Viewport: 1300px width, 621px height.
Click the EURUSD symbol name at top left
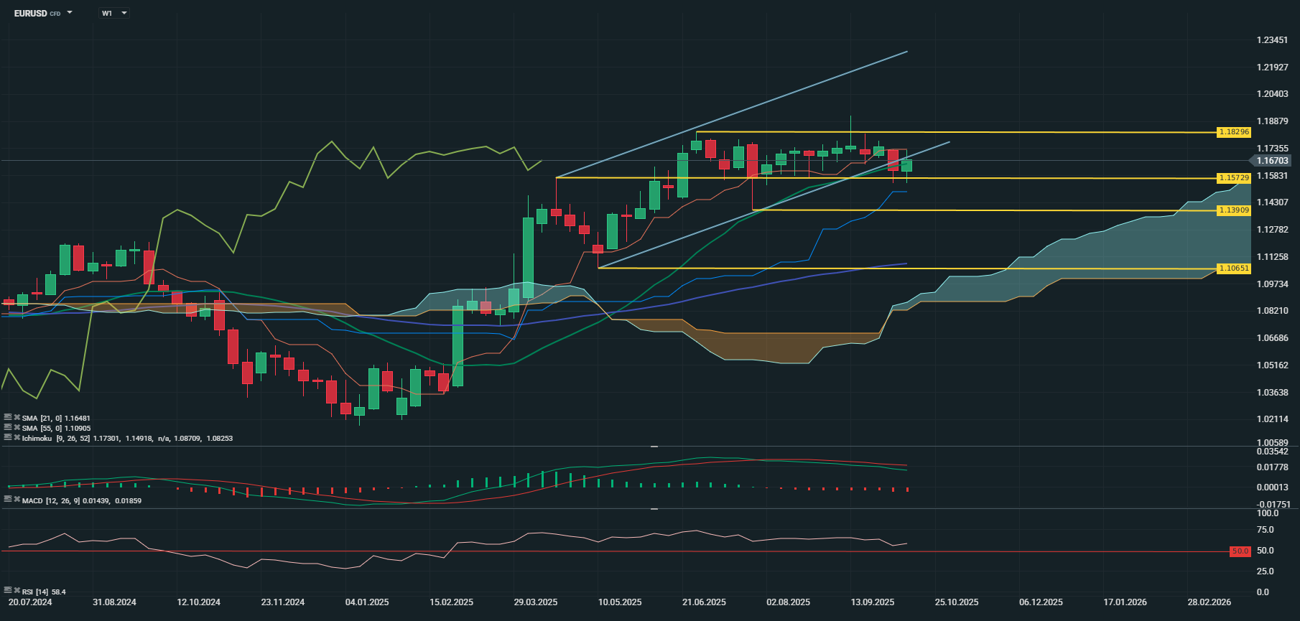(30, 13)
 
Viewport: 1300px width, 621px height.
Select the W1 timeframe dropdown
(113, 13)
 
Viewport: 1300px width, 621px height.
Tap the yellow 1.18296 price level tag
(1234, 132)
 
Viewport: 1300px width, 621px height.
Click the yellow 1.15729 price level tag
(1234, 177)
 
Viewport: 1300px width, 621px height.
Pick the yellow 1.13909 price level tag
(1234, 210)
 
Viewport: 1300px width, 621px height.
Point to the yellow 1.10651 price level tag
(1234, 269)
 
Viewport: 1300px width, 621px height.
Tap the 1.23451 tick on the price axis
(1272, 40)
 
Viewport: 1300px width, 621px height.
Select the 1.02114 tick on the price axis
(1272, 419)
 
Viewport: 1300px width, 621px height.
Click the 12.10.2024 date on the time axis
(199, 602)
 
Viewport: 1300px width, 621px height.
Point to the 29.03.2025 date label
(536, 602)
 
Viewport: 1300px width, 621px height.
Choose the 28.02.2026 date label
(1209, 602)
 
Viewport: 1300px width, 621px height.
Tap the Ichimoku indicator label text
(37, 438)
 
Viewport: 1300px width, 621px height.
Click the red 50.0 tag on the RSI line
(1240, 551)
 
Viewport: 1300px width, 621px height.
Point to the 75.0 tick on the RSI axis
(1265, 530)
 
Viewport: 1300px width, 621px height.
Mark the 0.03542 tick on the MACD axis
(1272, 452)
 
